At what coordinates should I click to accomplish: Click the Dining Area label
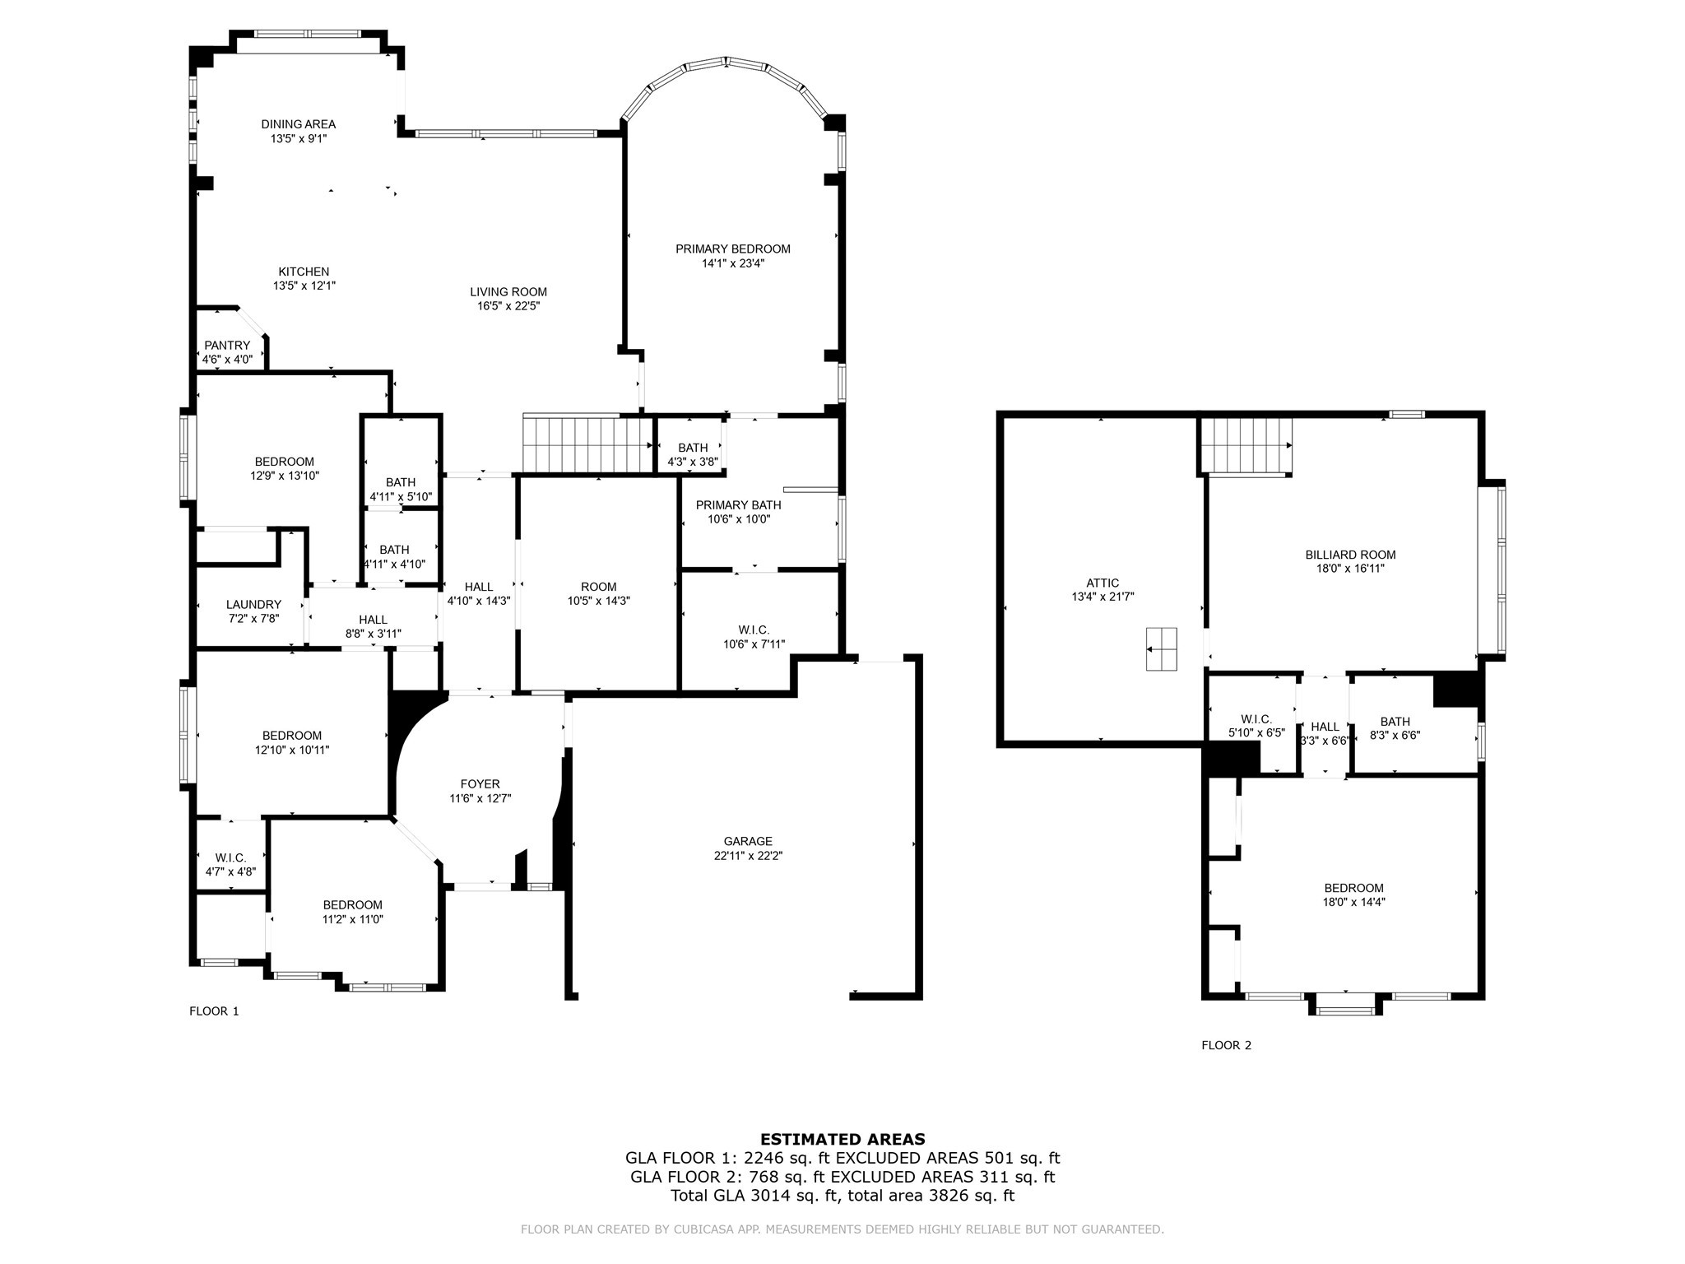[x=299, y=124]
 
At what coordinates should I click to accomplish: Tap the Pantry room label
[x=227, y=346]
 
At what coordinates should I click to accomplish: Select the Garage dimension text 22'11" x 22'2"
[x=748, y=856]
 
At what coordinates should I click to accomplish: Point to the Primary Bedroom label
[x=733, y=249]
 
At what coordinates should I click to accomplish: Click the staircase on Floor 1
[x=587, y=444]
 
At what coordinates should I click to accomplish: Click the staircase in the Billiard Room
[x=1245, y=445]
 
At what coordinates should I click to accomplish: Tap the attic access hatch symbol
[x=1161, y=649]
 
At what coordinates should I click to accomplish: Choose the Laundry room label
[x=254, y=605]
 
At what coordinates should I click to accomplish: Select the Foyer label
[x=480, y=784]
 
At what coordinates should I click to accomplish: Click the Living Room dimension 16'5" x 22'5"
[x=508, y=306]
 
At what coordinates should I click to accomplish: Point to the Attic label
[x=1102, y=583]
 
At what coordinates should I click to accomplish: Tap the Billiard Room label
[x=1351, y=555]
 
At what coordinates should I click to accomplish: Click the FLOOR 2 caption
[x=1227, y=1046]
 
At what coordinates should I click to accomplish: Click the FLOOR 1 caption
[x=214, y=1011]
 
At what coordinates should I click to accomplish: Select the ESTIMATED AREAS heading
[x=842, y=1140]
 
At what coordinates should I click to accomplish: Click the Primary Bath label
[x=739, y=505]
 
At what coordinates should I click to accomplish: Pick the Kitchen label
[x=304, y=272]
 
